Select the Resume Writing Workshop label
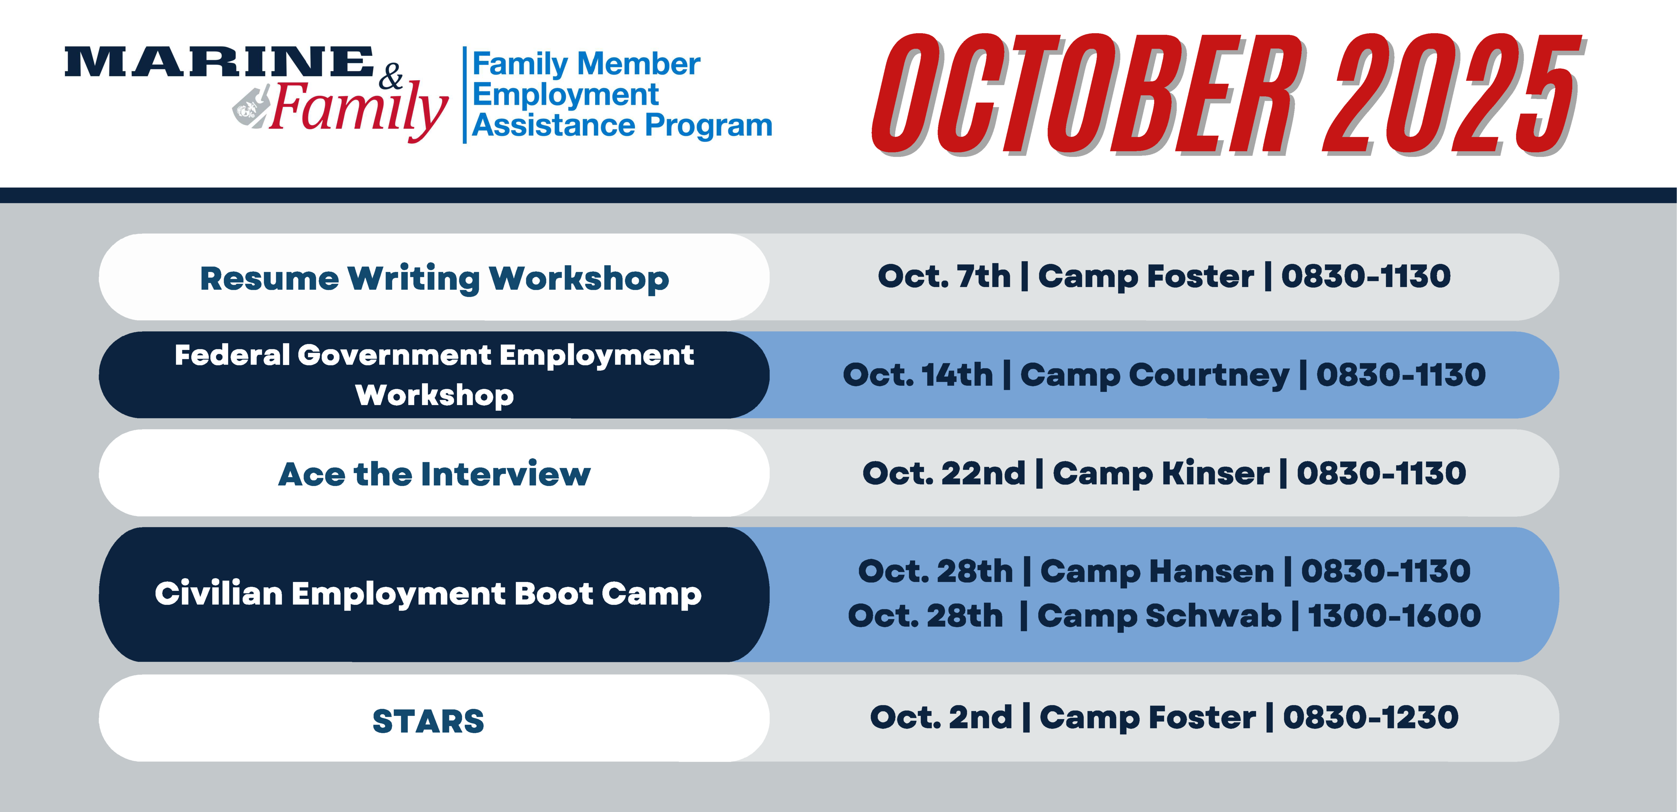click(434, 279)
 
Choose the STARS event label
click(428, 721)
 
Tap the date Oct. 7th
click(944, 276)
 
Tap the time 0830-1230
click(1370, 718)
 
